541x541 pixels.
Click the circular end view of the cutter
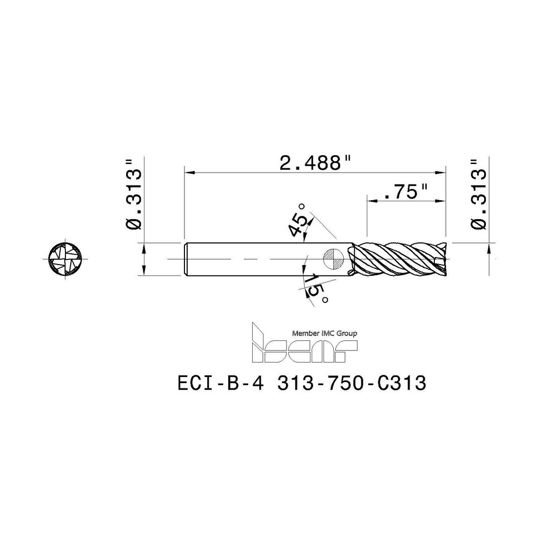point(63,260)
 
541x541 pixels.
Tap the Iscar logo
point(305,344)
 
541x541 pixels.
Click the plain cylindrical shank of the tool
point(260,260)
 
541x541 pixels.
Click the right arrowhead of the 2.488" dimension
point(444,173)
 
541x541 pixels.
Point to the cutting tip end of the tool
point(444,260)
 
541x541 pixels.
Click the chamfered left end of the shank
point(187,260)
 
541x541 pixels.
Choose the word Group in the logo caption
point(348,334)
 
